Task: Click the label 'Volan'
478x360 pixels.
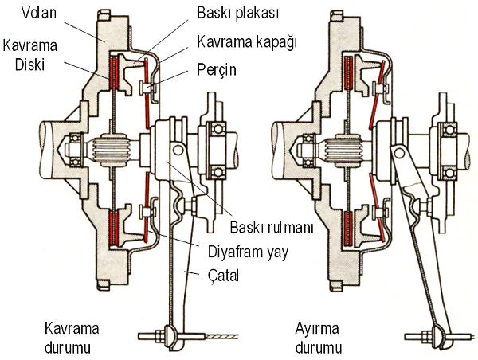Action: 39,13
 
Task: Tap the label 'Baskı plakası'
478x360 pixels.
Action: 237,13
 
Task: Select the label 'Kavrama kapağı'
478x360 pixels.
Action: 247,41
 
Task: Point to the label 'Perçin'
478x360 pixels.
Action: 217,70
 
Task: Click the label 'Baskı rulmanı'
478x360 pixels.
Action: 272,228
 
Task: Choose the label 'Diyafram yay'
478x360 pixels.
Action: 248,252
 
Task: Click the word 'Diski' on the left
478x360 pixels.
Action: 30,65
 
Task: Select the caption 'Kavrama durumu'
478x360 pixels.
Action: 72,338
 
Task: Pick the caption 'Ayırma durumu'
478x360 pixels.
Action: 319,338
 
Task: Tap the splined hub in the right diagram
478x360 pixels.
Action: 343,150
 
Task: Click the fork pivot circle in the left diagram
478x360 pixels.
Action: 178,150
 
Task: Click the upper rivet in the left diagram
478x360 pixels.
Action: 147,88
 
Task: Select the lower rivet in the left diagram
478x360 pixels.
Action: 147,211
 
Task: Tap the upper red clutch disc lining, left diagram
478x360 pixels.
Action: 114,72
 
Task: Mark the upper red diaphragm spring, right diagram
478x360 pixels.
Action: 377,94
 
